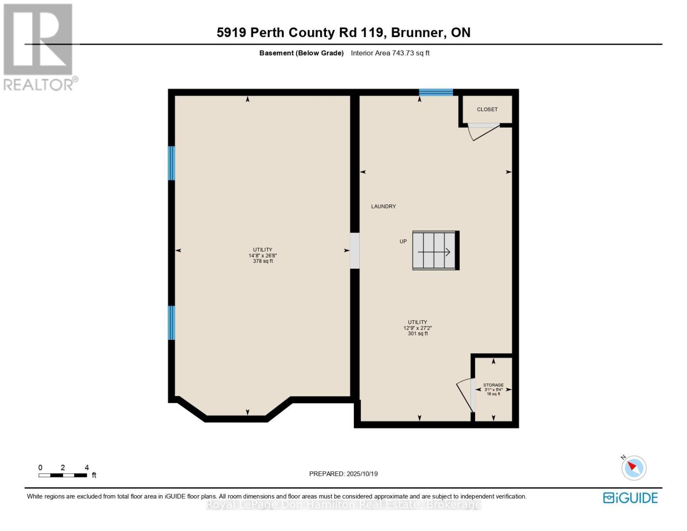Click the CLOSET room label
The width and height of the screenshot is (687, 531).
[x=487, y=109]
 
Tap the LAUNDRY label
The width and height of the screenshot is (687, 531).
[x=383, y=207]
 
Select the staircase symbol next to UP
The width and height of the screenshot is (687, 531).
[x=435, y=250]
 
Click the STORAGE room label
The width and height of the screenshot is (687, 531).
[x=493, y=385]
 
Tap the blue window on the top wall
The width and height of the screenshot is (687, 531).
[x=436, y=92]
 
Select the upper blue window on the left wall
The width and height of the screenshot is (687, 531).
[x=171, y=163]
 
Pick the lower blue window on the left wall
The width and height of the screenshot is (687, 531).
[x=171, y=323]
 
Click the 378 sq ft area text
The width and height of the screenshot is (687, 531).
[x=263, y=261]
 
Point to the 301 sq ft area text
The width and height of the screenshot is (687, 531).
[x=418, y=333]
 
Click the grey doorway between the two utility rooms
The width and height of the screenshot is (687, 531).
[x=355, y=251]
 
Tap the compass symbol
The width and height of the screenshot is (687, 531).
[x=633, y=468]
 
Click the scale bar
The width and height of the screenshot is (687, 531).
[x=63, y=475]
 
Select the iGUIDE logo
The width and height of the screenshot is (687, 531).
[x=630, y=498]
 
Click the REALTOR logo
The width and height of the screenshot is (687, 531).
[x=39, y=47]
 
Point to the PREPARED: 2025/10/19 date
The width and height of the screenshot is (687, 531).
[x=343, y=474]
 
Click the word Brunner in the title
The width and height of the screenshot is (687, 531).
[x=417, y=33]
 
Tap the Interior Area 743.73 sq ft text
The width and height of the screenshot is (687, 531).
[x=390, y=53]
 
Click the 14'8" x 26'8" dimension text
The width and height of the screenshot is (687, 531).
[x=263, y=255]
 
